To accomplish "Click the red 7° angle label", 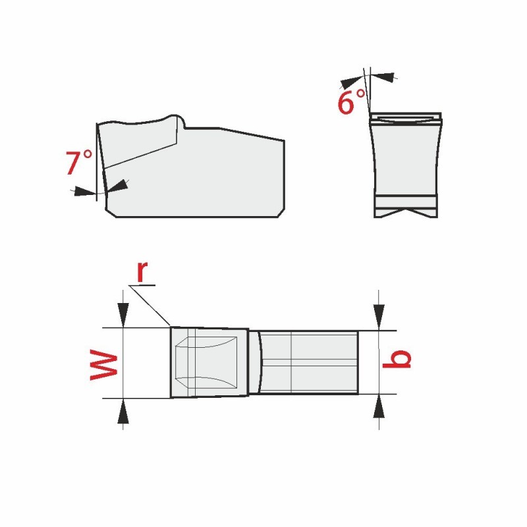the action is (x=78, y=162).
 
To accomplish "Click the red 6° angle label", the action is (x=351, y=101).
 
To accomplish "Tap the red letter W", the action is (x=104, y=365).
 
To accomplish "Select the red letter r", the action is (x=142, y=271).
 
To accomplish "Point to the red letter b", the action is (x=397, y=359).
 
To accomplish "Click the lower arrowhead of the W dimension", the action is (x=123, y=410).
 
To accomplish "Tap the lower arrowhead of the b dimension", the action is (x=379, y=406).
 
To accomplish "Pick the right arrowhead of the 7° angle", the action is (x=117, y=186).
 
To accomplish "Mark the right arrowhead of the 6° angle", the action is (x=382, y=77).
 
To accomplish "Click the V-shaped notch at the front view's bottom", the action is (x=406, y=212).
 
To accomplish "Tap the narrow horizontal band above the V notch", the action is (x=406, y=202).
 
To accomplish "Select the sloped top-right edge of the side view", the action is (x=252, y=134).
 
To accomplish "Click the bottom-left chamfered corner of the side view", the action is (x=111, y=213).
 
